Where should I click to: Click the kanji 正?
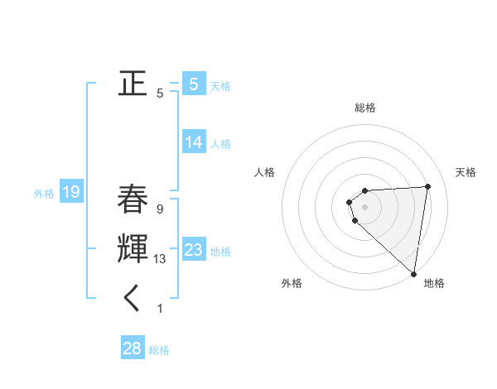[x=133, y=84]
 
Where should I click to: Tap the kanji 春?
[x=133, y=199]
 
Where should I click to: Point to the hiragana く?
[x=133, y=299]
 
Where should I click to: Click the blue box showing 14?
[x=194, y=142]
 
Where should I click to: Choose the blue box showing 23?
[x=194, y=250]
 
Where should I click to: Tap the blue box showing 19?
[x=70, y=193]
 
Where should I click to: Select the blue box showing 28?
[x=133, y=348]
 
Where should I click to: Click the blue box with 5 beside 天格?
[x=194, y=84]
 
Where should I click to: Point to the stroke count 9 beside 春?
[x=159, y=209]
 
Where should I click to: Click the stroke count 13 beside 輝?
[x=160, y=259]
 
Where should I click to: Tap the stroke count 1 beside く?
[x=159, y=309]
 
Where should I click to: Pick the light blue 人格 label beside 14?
[x=220, y=144]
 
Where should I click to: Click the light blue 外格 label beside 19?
[x=44, y=194]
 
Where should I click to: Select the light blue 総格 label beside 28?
[x=159, y=350]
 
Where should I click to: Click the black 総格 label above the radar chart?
[x=365, y=108]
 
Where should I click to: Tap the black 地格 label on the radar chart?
[x=434, y=284]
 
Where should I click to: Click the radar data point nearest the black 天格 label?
[x=427, y=186]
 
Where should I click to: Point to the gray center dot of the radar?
[x=365, y=207]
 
